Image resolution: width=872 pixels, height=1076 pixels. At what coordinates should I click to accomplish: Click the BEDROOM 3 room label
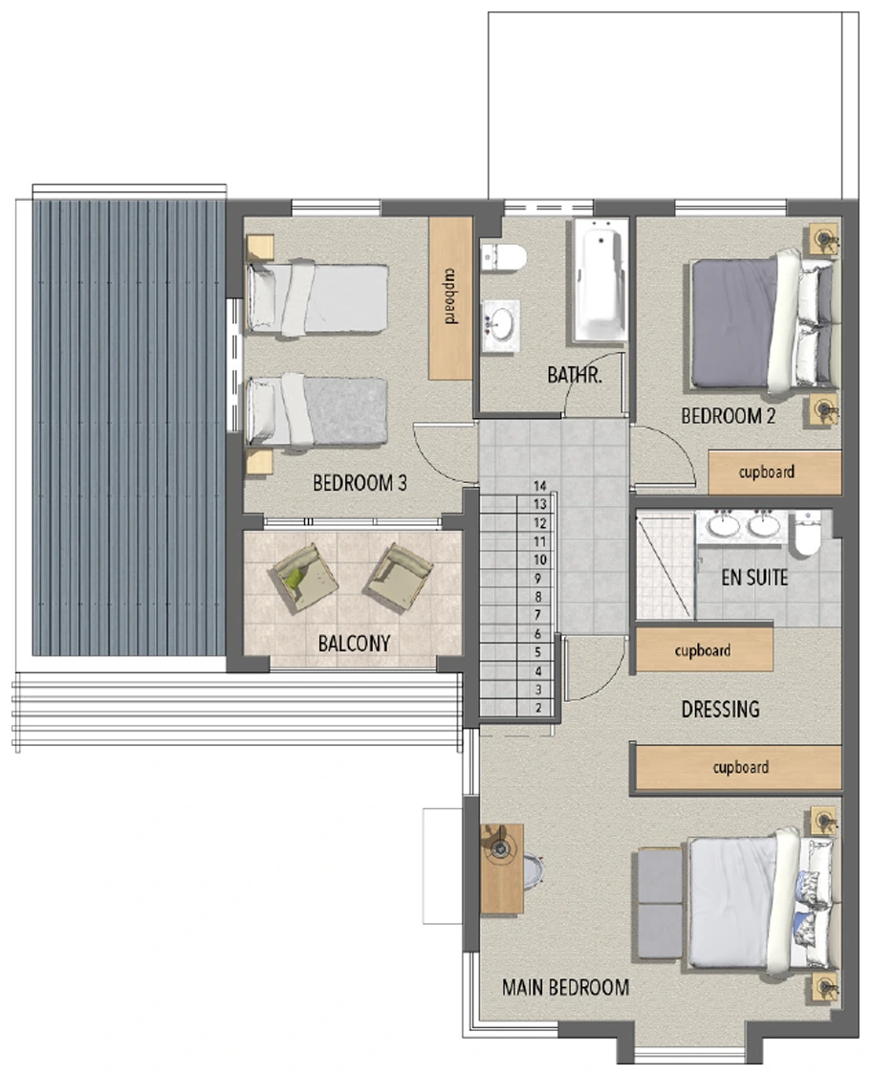pyautogui.click(x=360, y=483)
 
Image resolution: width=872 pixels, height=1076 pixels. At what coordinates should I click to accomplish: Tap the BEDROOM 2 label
pyautogui.click(x=728, y=416)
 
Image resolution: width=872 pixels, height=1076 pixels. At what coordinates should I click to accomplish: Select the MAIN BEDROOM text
pyautogui.click(x=565, y=987)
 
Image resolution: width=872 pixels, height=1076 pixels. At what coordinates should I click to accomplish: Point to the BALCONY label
pyautogui.click(x=354, y=643)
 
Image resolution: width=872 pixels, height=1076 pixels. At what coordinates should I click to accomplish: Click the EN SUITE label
pyautogui.click(x=754, y=578)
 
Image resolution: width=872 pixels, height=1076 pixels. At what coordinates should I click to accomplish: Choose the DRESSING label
pyautogui.click(x=720, y=709)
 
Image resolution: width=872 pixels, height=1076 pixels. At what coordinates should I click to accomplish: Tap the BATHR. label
pyautogui.click(x=575, y=375)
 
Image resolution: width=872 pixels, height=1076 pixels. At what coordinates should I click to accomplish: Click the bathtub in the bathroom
pyautogui.click(x=601, y=279)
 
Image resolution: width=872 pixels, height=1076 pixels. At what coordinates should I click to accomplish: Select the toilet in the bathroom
pyautogui.click(x=504, y=257)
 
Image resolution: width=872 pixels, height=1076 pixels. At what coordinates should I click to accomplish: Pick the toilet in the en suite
pyautogui.click(x=808, y=533)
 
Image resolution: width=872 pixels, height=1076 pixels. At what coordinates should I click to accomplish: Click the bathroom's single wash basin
pyautogui.click(x=501, y=325)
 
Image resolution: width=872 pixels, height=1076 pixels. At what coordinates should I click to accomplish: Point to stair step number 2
pyautogui.click(x=538, y=708)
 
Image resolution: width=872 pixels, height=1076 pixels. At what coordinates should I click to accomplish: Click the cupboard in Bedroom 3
pyautogui.click(x=450, y=298)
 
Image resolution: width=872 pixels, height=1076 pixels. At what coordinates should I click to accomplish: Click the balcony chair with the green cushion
pyautogui.click(x=305, y=577)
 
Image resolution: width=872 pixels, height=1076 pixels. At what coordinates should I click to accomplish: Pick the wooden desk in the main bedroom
pyautogui.click(x=502, y=869)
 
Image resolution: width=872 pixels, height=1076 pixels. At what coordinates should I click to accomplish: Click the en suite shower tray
pyautogui.click(x=665, y=567)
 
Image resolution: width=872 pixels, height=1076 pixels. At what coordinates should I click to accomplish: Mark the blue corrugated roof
pyautogui.click(x=129, y=428)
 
